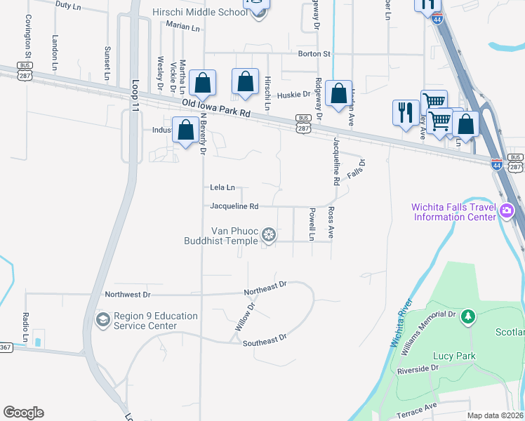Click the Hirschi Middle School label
point(196,13)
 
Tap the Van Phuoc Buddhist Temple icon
point(268,236)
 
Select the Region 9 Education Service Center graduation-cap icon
point(103,321)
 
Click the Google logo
point(23,413)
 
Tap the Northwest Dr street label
point(128,295)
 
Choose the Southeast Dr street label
point(265,338)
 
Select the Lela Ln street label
point(222,187)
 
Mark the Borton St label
point(314,53)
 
